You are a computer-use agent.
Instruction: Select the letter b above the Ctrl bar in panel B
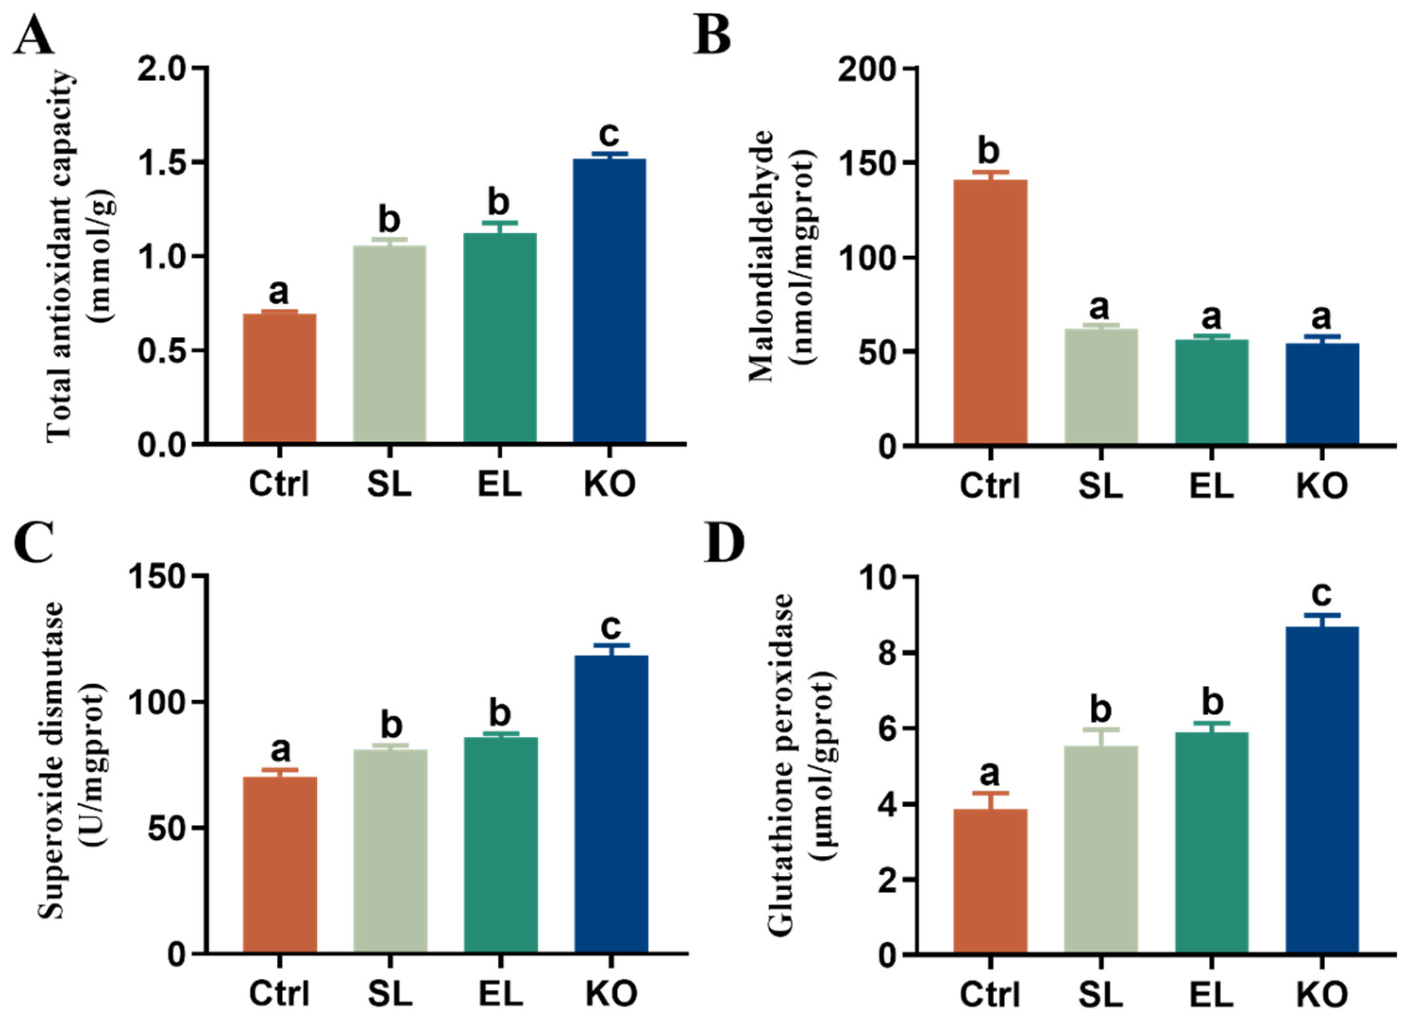point(990,151)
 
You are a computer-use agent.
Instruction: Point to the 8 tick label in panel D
point(884,653)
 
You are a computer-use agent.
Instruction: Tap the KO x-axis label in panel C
point(611,993)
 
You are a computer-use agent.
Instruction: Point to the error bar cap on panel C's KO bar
point(611,645)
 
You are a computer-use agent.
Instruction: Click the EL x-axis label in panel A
point(500,484)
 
